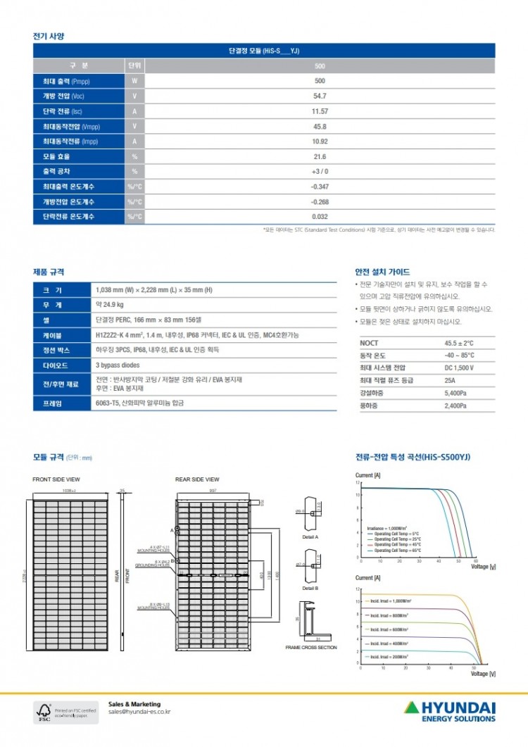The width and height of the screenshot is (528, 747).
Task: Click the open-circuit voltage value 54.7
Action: (x=320, y=96)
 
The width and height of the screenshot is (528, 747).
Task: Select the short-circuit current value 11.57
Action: (x=320, y=111)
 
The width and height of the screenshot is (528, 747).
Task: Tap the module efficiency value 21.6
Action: (x=320, y=156)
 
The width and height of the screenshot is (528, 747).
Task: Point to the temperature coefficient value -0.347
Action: (x=320, y=187)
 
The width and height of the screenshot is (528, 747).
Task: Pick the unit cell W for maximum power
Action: (x=134, y=81)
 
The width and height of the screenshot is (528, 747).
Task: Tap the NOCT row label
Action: (x=368, y=343)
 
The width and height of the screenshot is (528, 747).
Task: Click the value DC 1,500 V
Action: (x=459, y=368)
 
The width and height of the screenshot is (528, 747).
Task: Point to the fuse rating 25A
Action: (x=451, y=381)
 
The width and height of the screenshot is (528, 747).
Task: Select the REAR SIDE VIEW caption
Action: (x=196, y=479)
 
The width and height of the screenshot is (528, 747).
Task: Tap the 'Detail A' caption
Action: (x=310, y=536)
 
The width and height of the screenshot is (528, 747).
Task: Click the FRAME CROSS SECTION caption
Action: (x=310, y=647)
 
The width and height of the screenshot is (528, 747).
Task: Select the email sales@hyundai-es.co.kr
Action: (x=139, y=712)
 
